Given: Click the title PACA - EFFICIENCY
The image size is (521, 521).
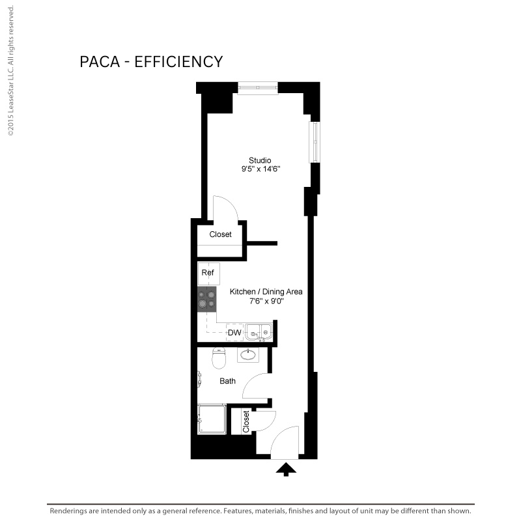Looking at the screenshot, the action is coord(151,62).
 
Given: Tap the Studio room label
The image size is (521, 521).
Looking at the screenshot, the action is coord(260,160).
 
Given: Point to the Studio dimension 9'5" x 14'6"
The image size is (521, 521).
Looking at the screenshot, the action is coord(261,169).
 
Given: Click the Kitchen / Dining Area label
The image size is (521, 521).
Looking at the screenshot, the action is coord(266,292).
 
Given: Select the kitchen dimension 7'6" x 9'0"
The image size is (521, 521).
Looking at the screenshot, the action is coord(266,301).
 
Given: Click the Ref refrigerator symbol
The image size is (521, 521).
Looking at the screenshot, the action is coord(208,274).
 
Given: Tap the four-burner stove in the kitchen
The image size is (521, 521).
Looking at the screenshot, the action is coord(206,299).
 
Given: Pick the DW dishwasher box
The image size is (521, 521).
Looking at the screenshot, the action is coord(234,332).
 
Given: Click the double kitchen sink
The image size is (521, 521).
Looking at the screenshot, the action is coord(259,332).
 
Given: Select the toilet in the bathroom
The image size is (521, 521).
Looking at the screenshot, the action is coord(219,358).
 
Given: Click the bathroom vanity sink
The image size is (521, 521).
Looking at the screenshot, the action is coord(248,354).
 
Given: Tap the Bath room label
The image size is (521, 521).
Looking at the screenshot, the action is coord(227,381).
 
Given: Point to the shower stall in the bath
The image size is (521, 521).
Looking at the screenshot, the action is coord(212,419).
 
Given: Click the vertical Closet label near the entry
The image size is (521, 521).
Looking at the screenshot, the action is coord(246,421).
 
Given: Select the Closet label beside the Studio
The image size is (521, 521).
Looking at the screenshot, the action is coord(220,234).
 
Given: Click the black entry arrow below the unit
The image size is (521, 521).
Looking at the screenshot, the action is coord(286,469).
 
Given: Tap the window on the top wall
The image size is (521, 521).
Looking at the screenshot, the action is coord(258,88).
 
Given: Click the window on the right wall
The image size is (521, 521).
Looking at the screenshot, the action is coord(315,142).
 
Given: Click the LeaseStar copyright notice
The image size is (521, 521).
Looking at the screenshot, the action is coord(11,70).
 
